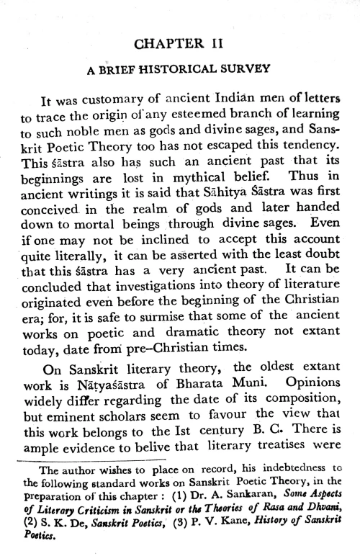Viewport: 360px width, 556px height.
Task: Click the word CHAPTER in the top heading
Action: pyautogui.click(x=162, y=44)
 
